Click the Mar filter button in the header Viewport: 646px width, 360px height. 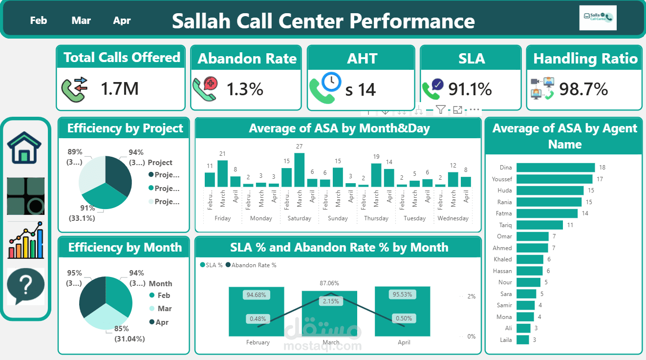point(81,21)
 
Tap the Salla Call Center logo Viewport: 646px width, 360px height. point(598,18)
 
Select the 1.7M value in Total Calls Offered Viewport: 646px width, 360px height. point(120,88)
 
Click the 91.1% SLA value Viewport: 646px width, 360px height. point(470,89)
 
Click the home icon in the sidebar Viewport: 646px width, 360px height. point(24,148)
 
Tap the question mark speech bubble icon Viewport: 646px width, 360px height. point(25,286)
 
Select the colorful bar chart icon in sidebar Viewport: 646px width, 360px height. point(25,240)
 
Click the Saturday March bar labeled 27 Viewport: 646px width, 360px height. point(300,169)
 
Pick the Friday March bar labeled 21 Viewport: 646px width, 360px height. point(222,173)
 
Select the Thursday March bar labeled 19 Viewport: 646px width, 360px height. point(376,175)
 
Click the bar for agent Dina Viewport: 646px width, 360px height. point(555,168)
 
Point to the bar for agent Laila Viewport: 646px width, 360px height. point(522,339)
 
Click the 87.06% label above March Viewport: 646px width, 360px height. point(329,283)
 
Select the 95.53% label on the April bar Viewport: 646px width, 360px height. point(402,295)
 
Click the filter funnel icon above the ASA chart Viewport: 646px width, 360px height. point(441,110)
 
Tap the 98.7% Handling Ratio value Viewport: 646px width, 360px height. point(583,89)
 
